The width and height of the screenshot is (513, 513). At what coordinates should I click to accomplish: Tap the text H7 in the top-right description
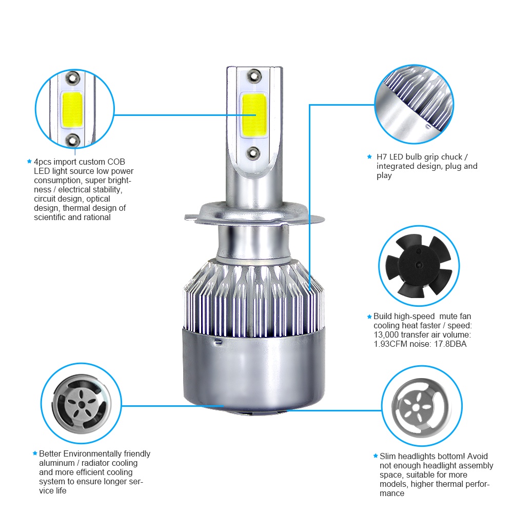click(382, 157)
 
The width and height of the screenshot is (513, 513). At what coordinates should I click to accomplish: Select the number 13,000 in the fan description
click(389, 335)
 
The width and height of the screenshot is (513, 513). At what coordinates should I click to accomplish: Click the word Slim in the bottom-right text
click(388, 456)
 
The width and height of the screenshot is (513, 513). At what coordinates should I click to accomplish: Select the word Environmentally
click(93, 453)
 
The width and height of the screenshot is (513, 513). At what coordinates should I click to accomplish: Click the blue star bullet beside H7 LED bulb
click(369, 157)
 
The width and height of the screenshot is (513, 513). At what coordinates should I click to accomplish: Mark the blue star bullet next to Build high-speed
click(369, 317)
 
